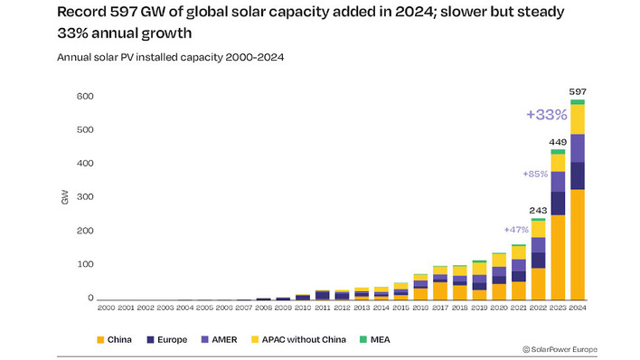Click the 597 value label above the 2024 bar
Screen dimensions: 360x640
pyautogui.click(x=579, y=91)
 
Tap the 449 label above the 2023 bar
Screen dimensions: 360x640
pyautogui.click(x=559, y=141)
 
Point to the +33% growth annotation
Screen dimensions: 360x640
pyautogui.click(x=546, y=115)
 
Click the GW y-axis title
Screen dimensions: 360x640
pyautogui.click(x=65, y=198)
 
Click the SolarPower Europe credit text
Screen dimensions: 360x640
pyautogui.click(x=562, y=349)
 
